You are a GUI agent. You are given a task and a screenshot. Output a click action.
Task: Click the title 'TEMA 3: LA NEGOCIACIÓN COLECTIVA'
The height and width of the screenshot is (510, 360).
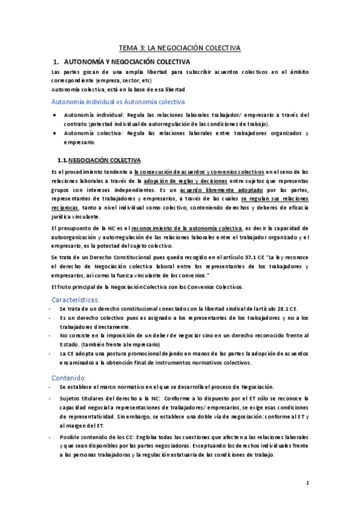(x=180, y=48)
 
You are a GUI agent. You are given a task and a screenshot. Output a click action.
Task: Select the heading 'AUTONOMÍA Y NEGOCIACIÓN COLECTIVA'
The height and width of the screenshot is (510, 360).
(x=127, y=62)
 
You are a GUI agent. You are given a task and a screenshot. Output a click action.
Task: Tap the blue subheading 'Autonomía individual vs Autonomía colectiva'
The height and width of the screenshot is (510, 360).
(x=119, y=102)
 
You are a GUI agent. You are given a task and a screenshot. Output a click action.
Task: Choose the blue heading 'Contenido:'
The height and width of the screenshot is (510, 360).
(x=69, y=376)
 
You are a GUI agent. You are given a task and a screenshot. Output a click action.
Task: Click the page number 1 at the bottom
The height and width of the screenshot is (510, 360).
(x=307, y=482)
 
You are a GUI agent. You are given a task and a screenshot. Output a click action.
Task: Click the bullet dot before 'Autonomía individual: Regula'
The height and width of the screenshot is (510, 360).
(x=55, y=114)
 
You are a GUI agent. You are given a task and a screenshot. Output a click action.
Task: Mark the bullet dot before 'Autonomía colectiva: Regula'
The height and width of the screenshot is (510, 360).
(x=55, y=133)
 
